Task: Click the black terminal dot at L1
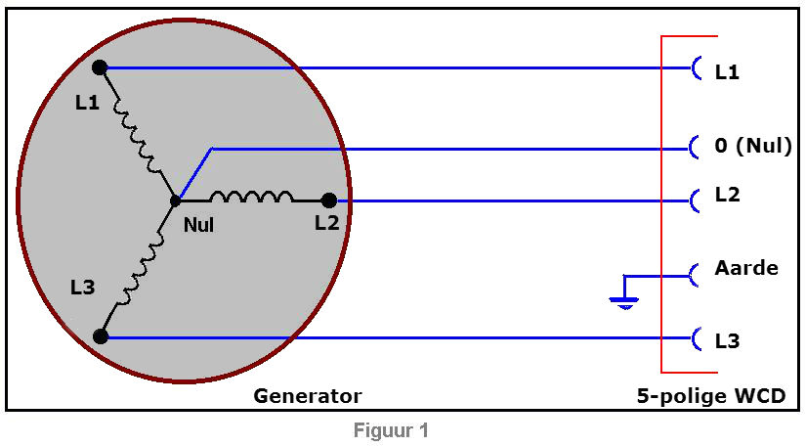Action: tap(100, 67)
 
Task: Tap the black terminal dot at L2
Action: tap(329, 201)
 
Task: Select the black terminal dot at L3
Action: tap(100, 336)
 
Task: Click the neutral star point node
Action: tap(175, 201)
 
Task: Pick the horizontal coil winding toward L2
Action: tap(250, 197)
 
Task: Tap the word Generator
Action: tap(307, 396)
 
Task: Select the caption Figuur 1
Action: tap(391, 430)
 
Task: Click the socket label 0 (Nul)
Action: tap(752, 146)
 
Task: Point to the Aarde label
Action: tap(746, 267)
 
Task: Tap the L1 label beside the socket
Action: tap(727, 71)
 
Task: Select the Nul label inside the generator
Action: tap(198, 225)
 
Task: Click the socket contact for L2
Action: tap(696, 201)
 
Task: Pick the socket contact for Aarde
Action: tap(696, 275)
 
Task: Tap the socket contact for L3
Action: tap(696, 339)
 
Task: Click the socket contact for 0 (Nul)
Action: tap(696, 148)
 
